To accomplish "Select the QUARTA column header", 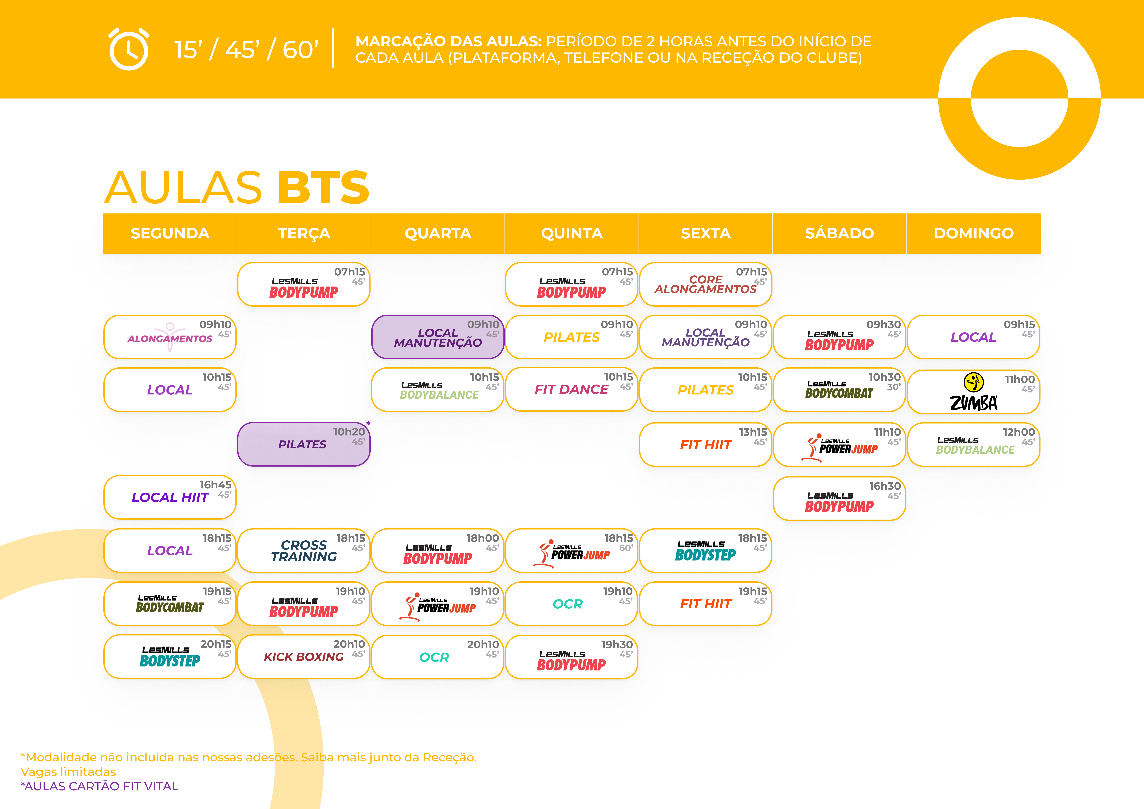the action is point(437,233).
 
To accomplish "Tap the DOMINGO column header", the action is point(973,233).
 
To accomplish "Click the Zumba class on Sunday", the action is point(973,392).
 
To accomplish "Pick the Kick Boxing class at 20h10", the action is point(303,657).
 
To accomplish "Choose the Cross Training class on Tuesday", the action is point(303,550).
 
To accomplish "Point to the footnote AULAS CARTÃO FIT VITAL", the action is point(100,786).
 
